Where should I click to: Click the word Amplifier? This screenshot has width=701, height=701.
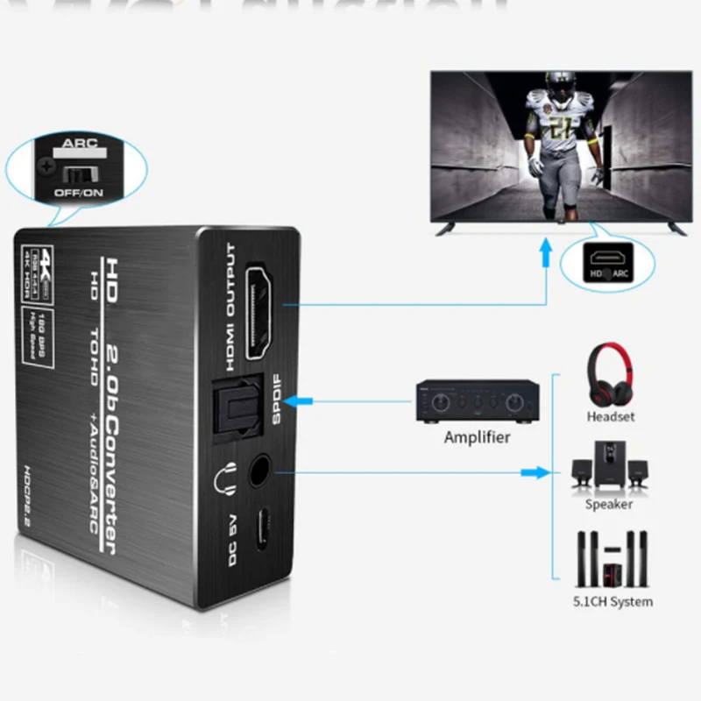pyautogui.click(x=477, y=436)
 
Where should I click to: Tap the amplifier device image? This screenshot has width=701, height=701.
pyautogui.click(x=476, y=401)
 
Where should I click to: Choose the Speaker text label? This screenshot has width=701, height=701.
pyautogui.click(x=609, y=504)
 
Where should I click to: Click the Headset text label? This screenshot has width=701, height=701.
pyautogui.click(x=611, y=417)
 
